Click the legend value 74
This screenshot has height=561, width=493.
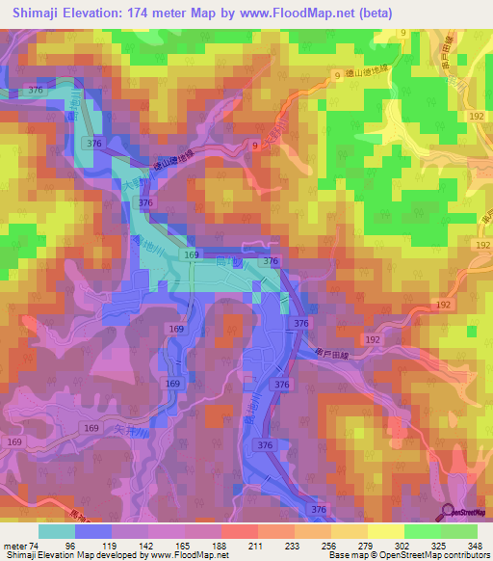coord(37,545)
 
